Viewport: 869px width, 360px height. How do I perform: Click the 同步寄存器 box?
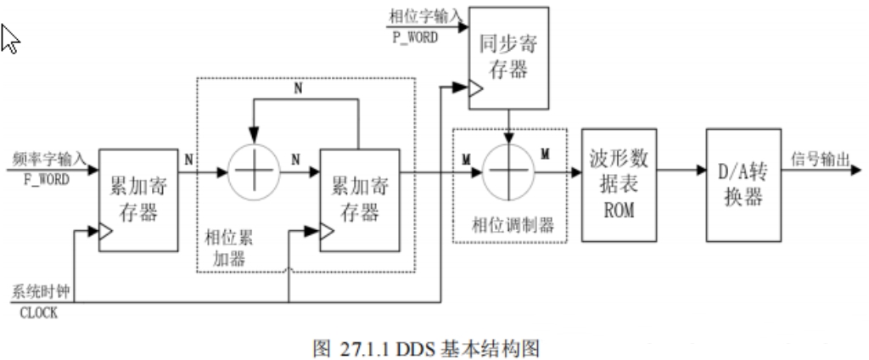(x=508, y=59)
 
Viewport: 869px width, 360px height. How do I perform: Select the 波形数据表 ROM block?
(x=616, y=184)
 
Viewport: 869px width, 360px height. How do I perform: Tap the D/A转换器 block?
(x=743, y=184)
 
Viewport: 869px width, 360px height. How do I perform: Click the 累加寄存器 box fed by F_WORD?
(x=138, y=200)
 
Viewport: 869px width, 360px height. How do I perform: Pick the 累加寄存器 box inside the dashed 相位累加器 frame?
(x=359, y=200)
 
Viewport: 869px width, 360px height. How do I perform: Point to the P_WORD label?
(x=414, y=37)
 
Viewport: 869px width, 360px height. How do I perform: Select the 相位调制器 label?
(x=513, y=225)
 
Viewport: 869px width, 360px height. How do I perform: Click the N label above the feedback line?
(x=295, y=87)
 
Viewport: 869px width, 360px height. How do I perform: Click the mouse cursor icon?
(x=10, y=37)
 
